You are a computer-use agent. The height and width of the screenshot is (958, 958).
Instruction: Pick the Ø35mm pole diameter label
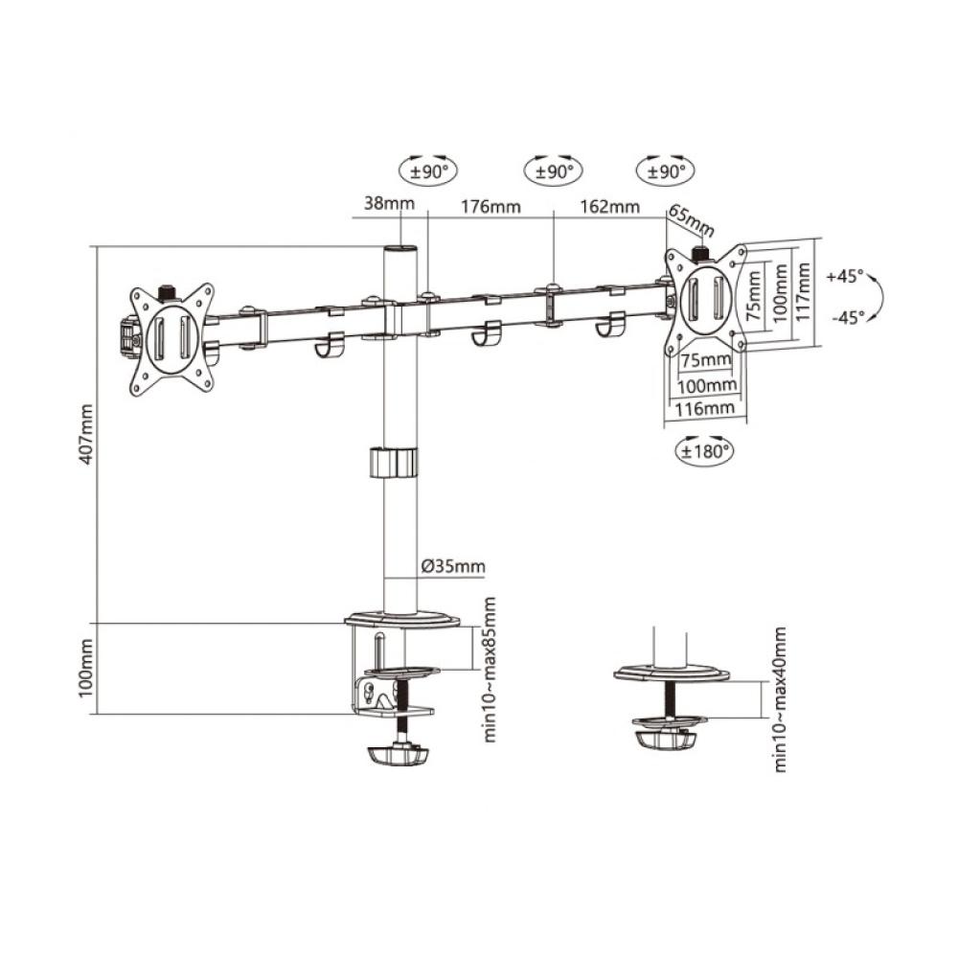click(x=453, y=566)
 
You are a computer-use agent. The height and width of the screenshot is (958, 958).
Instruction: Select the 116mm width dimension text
click(x=705, y=408)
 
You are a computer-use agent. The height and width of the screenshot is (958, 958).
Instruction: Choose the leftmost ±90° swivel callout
click(x=428, y=171)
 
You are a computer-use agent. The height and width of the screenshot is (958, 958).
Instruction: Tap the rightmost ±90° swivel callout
click(x=665, y=171)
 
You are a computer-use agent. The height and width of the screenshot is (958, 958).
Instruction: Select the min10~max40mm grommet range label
click(x=781, y=699)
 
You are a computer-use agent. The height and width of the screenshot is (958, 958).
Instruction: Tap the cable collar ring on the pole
click(x=395, y=461)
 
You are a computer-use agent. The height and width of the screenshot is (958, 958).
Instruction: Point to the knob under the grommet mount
click(x=663, y=740)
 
